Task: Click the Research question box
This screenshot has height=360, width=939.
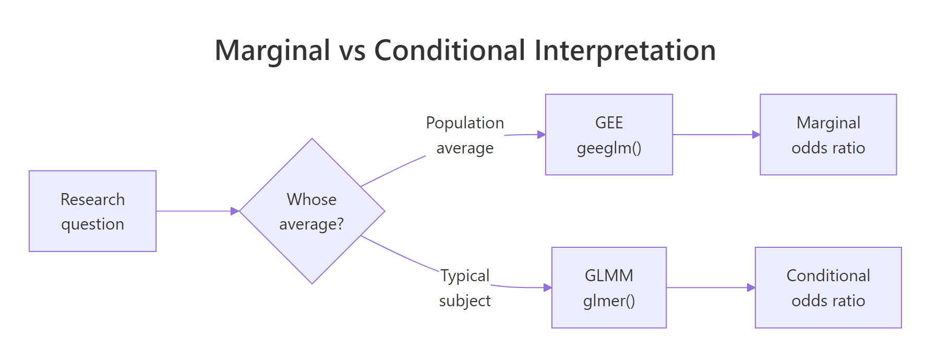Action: [92, 211]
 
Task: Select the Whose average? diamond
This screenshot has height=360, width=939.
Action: [312, 211]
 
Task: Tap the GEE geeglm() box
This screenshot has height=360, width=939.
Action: [609, 135]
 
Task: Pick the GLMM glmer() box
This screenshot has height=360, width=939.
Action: [609, 287]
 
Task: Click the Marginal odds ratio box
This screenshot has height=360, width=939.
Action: [828, 135]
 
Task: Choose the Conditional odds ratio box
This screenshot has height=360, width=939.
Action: [828, 287]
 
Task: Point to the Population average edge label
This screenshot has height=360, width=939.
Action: [465, 135]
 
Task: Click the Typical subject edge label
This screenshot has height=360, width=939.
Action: [465, 288]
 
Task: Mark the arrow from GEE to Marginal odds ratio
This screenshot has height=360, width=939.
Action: [716, 135]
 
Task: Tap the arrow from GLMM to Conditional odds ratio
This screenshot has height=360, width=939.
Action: [711, 287]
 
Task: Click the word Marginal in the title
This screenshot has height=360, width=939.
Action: [272, 51]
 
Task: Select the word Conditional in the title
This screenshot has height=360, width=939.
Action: [449, 51]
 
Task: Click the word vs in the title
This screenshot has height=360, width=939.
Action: [352, 51]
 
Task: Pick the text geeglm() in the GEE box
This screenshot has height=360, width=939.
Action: [609, 148]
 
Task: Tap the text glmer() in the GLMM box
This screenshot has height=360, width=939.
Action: [609, 301]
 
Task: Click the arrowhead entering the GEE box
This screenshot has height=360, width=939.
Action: [541, 135]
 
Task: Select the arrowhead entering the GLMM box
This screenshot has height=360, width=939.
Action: [548, 287]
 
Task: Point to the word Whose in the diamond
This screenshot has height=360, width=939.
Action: [311, 199]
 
